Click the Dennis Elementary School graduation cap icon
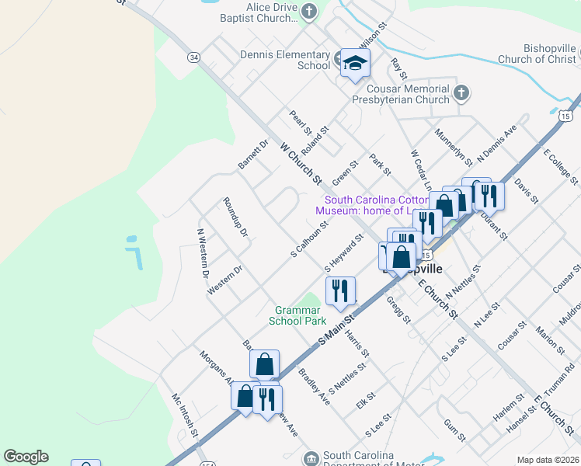pos(355,63)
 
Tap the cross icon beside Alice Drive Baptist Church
pos(310,11)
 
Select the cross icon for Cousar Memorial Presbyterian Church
pos(461,93)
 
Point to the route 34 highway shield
pos(193,57)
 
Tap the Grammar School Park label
pos(297,315)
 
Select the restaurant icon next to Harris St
pos(339,291)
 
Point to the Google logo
pos(26,457)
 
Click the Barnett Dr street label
pos(252,154)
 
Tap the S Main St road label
pos(336,330)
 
